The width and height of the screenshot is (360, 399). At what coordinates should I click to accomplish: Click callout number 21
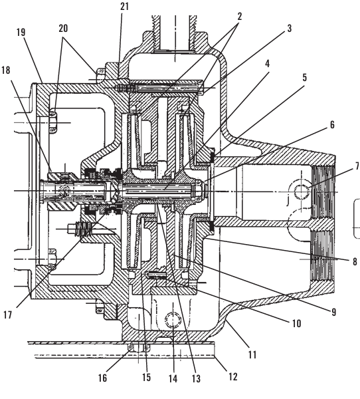pyautogui.click(x=125, y=7)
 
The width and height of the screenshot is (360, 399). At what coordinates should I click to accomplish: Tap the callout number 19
pyautogui.click(x=21, y=33)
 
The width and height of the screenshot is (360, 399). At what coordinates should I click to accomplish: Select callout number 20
pyautogui.click(x=63, y=28)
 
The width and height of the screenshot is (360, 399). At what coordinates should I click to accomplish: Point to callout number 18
pyautogui.click(x=6, y=70)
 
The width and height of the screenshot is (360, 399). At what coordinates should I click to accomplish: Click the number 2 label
pyautogui.click(x=240, y=17)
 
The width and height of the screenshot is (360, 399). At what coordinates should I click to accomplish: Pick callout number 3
pyautogui.click(x=290, y=28)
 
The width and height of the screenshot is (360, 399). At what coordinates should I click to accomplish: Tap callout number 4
pyautogui.click(x=267, y=64)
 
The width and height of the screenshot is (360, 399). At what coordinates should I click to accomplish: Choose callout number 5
pyautogui.click(x=305, y=77)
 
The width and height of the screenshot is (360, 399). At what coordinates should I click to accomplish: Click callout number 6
pyautogui.click(x=332, y=125)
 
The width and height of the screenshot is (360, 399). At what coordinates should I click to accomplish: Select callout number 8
pyautogui.click(x=355, y=261)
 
